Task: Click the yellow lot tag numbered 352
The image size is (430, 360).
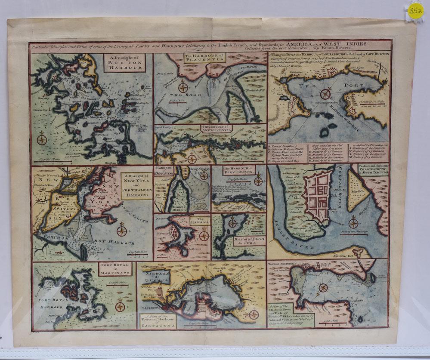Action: point(416,10)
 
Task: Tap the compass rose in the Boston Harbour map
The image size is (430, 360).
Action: point(42,139)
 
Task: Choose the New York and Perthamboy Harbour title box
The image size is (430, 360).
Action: point(136,186)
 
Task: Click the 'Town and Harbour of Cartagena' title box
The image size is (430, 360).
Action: point(158,321)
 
